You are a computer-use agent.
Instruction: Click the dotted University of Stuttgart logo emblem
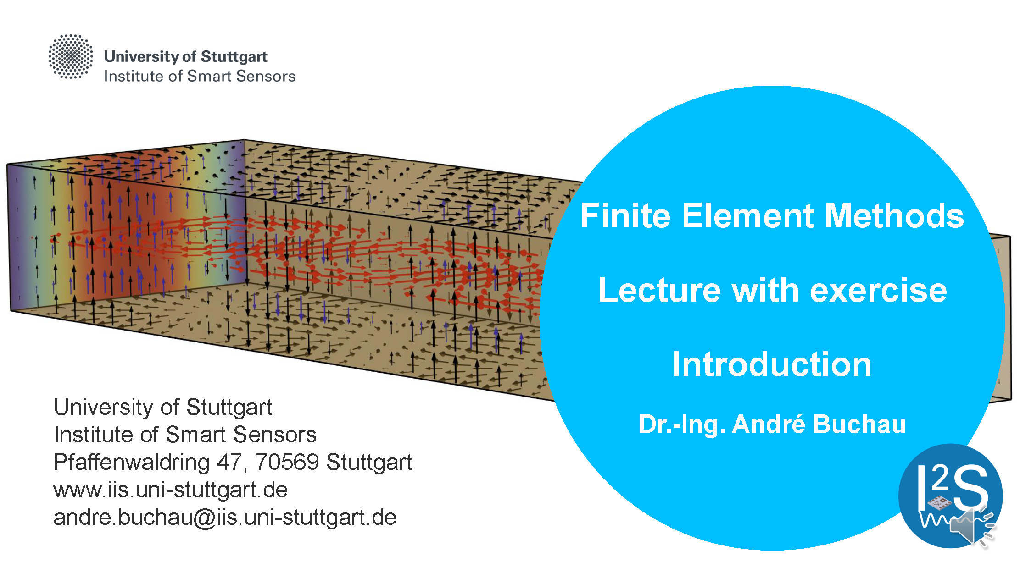coord(71,56)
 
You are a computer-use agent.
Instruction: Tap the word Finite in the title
coord(626,215)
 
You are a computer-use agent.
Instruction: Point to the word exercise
coord(878,291)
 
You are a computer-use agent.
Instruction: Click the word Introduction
coord(772,364)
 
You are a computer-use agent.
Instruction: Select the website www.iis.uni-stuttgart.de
coord(171,490)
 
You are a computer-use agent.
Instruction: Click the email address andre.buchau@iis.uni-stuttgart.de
coord(225,518)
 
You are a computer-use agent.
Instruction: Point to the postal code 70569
coord(287,462)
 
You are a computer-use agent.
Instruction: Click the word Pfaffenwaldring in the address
coord(132,463)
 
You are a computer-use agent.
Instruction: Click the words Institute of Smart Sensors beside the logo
coord(200,76)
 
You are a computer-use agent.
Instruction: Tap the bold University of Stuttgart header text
coord(186,56)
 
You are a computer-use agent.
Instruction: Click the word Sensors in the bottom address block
coord(275,435)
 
